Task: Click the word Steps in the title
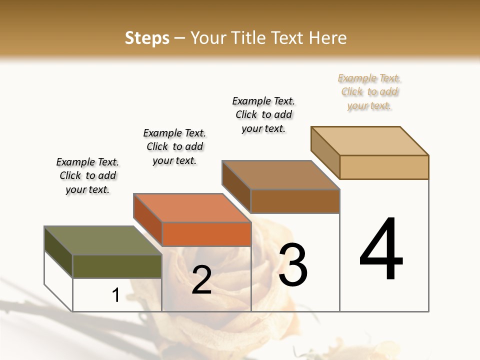[147, 38]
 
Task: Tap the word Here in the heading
[328, 38]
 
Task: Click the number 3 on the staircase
[293, 264]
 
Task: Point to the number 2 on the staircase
[201, 280]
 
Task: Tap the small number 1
[115, 295]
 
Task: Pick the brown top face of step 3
[280, 175]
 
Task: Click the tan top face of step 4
[369, 141]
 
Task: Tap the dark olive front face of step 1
[117, 266]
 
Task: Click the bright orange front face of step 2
[206, 234]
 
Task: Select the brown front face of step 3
[295, 201]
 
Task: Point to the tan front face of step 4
[384, 167]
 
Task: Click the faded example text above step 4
[369, 92]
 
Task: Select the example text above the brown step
[263, 114]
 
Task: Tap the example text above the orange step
[174, 146]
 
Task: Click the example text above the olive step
[87, 175]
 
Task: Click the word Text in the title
[290, 38]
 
